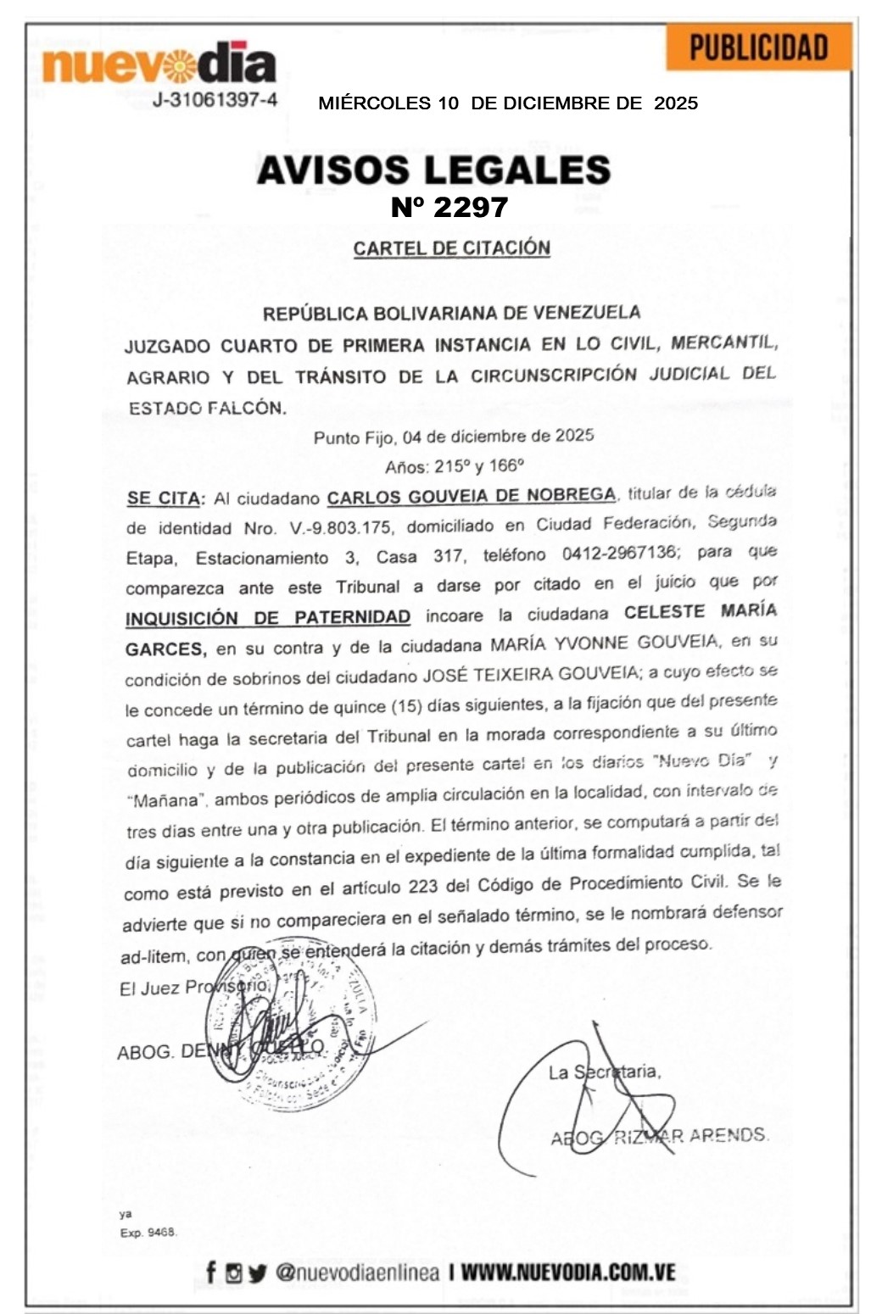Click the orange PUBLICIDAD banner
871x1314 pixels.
click(x=758, y=47)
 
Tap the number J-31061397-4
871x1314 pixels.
click(x=215, y=100)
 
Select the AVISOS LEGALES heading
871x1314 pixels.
click(x=433, y=170)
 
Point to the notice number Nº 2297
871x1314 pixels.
click(x=449, y=207)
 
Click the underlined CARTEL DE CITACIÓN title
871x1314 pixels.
click(x=451, y=248)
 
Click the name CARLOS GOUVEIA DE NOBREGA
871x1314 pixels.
click(x=472, y=496)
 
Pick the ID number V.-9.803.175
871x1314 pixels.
click(x=340, y=528)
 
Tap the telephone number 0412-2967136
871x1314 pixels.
click(x=619, y=553)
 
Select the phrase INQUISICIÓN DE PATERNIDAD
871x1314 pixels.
click(x=268, y=618)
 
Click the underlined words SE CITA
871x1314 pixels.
click(x=165, y=498)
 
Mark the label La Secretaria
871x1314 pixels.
click(x=604, y=1072)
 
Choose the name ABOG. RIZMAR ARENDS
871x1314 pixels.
click(x=660, y=1136)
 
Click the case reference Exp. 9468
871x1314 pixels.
click(x=148, y=1233)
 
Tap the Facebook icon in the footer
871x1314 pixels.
click(x=211, y=1272)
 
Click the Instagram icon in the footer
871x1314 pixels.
click(x=233, y=1272)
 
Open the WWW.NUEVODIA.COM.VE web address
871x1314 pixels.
click(x=568, y=1272)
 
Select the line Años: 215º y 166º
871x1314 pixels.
click(x=454, y=466)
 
